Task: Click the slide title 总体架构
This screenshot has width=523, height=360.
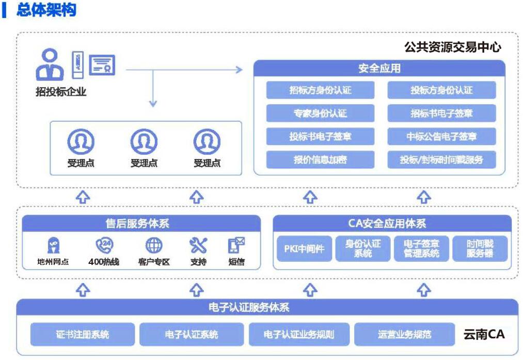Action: point(46,10)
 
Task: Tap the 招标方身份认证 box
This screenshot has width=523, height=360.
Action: point(320,90)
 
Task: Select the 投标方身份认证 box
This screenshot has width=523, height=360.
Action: point(441,90)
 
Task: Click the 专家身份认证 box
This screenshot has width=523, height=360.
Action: point(320,114)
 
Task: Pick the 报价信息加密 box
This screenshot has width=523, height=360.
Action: point(320,160)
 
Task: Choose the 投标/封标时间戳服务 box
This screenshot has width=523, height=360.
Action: point(441,160)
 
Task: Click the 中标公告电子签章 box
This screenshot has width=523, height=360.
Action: point(441,137)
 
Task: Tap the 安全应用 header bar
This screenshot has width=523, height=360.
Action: point(379,68)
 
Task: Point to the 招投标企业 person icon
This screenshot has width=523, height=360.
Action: point(50,65)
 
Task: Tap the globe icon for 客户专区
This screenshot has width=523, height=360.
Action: point(154,245)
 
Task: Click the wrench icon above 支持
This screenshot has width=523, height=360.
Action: point(198,245)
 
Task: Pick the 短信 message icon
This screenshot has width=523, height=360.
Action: point(236,245)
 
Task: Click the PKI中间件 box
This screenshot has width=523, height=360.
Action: point(305,249)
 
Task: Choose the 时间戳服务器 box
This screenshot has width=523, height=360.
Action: point(480,249)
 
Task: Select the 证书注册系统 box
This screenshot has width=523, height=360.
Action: point(83,335)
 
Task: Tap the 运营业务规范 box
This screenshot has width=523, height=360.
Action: point(404,335)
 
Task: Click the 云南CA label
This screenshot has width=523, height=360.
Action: point(484,334)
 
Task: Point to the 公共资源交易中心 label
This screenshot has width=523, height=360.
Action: point(453,48)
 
